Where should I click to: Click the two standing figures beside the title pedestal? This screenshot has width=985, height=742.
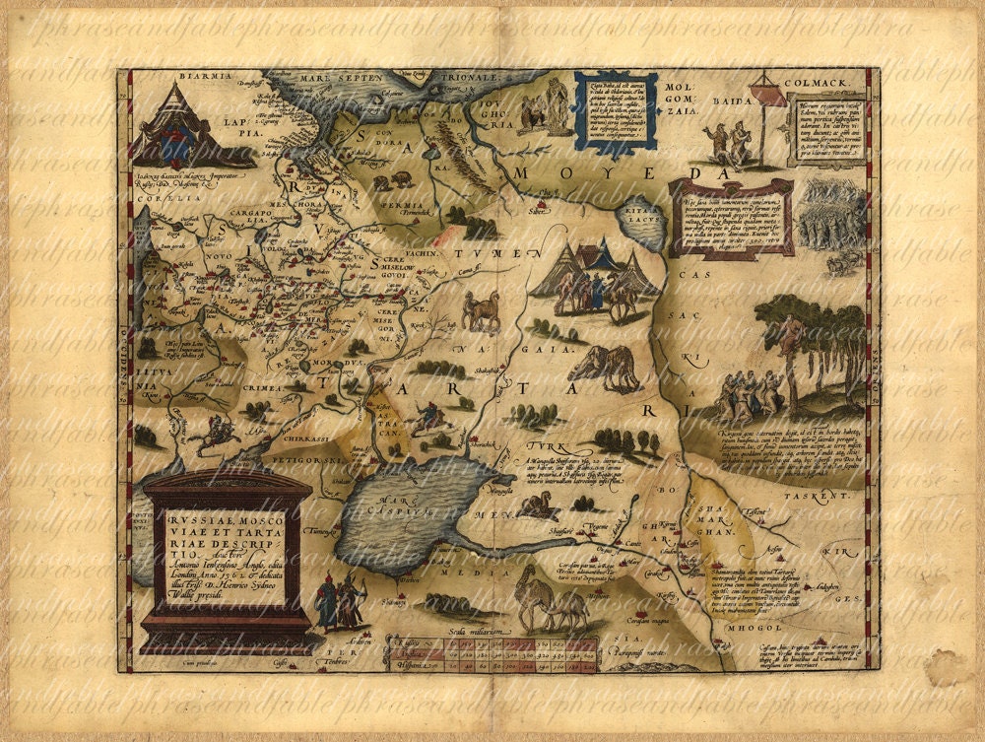pos(338,600)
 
